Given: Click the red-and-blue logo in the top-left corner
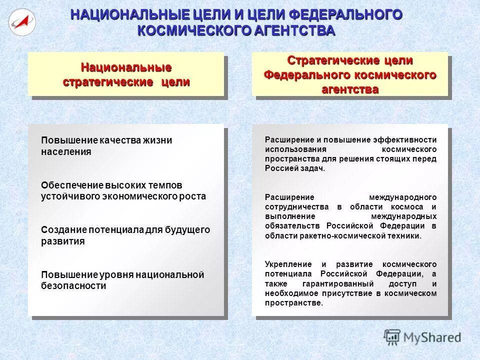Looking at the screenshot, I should (x=21, y=21).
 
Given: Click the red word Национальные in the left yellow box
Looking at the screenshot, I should (x=126, y=67).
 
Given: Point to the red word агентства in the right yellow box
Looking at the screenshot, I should (x=350, y=90).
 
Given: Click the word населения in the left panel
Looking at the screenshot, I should (x=66, y=152).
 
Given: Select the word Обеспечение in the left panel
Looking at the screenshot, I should (x=71, y=185).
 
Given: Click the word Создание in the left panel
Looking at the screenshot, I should (x=63, y=230).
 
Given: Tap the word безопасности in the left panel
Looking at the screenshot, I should (x=73, y=286).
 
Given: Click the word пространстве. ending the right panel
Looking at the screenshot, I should (x=294, y=303).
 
